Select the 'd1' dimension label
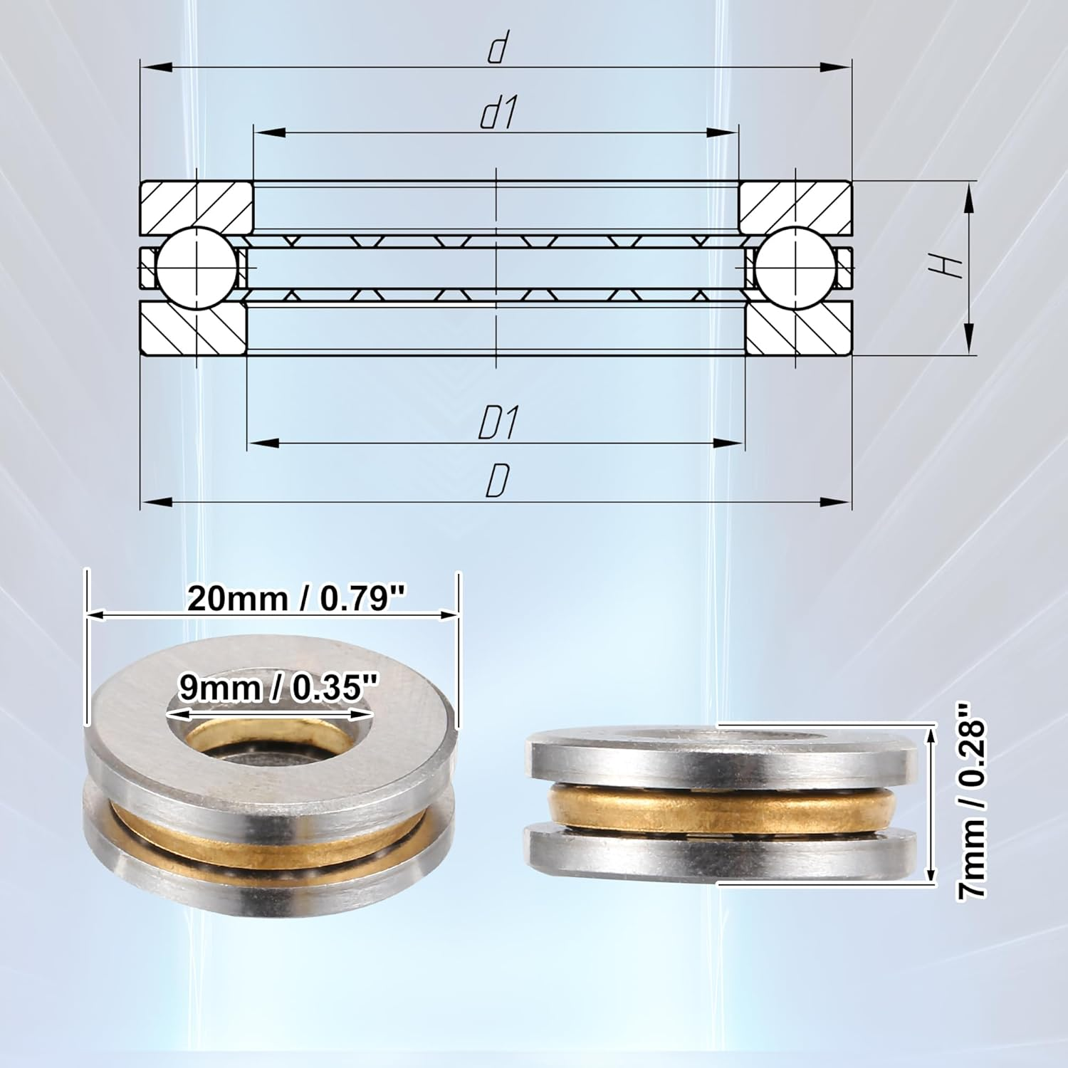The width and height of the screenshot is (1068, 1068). tap(498, 114)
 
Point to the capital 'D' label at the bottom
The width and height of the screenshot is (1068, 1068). tap(497, 482)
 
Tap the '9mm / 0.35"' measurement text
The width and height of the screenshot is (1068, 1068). tap(278, 688)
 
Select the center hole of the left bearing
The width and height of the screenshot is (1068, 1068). tap(271, 740)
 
